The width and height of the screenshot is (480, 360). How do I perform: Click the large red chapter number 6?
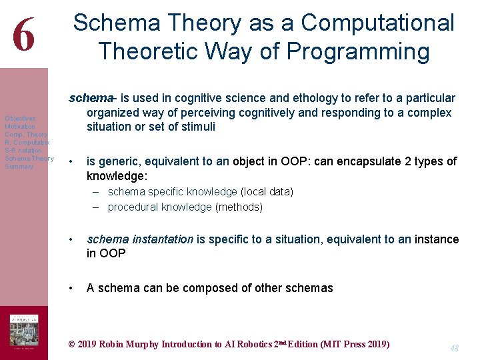(x=23, y=35)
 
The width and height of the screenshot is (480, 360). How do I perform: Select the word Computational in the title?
(x=378, y=23)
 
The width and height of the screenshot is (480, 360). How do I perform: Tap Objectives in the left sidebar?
(x=20, y=119)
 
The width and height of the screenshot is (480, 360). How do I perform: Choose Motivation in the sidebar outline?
(x=20, y=127)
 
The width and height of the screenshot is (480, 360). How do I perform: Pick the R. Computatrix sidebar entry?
(x=27, y=143)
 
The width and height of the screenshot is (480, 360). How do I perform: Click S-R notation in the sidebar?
(x=23, y=151)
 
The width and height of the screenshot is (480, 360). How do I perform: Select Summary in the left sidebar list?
(x=19, y=167)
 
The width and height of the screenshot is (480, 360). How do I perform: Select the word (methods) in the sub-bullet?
(x=239, y=207)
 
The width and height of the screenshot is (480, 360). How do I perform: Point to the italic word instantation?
(x=161, y=239)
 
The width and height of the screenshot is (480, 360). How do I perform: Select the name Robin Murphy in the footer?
(x=125, y=345)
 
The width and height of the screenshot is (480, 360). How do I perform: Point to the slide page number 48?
(x=454, y=348)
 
